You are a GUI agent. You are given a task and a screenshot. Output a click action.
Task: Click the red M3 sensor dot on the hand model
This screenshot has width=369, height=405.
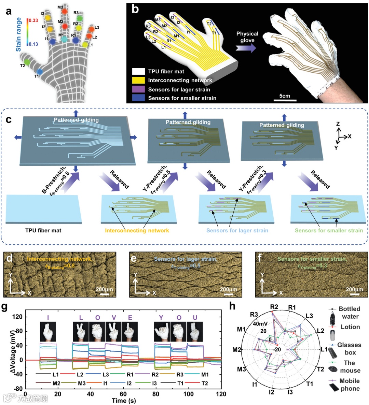(x=64, y=11)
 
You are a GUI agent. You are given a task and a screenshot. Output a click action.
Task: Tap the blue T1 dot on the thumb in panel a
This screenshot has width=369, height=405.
(x=40, y=72)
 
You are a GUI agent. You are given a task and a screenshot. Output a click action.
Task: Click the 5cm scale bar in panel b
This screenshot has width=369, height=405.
(x=285, y=100)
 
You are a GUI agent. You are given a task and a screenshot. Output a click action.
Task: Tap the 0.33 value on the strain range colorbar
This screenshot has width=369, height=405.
(x=33, y=20)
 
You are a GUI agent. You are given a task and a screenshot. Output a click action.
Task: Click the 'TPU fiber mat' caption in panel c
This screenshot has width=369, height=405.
(x=43, y=230)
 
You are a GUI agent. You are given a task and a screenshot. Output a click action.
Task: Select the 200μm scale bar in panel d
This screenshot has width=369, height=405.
(x=104, y=294)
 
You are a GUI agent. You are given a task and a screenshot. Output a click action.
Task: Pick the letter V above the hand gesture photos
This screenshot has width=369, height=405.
(x=114, y=318)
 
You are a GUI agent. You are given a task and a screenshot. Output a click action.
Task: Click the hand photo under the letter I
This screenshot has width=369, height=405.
(x=48, y=331)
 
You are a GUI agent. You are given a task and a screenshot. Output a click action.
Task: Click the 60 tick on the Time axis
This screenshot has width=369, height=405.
(x=123, y=394)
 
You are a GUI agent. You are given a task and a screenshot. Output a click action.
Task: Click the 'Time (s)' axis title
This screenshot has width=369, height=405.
(x=124, y=401)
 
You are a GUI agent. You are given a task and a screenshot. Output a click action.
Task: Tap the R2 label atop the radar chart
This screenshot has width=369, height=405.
(x=274, y=306)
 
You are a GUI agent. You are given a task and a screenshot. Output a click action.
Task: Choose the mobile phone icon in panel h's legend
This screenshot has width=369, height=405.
(x=333, y=388)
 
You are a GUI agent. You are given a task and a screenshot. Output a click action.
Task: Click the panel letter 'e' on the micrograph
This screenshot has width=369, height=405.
(x=134, y=258)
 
